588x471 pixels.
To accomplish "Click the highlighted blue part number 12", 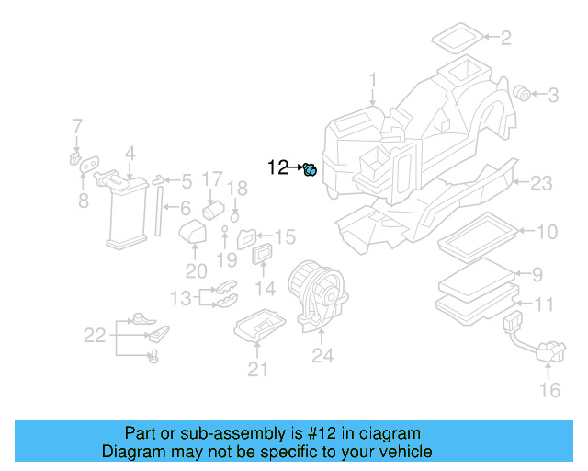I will coord(311,168).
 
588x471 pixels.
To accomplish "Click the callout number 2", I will coord(506,38).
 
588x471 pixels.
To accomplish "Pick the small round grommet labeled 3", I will coord(522,93).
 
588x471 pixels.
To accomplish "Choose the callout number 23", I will coord(541,184).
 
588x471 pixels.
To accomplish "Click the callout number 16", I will coord(548,391).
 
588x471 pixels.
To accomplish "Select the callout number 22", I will coord(96,336).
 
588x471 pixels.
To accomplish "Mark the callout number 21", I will coord(258,369).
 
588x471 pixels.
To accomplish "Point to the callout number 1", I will coord(373,81).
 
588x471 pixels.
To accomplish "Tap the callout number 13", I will coord(180,297).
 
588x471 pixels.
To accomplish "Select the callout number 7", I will coord(77,126).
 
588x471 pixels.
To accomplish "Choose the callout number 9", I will coord(538,273).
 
